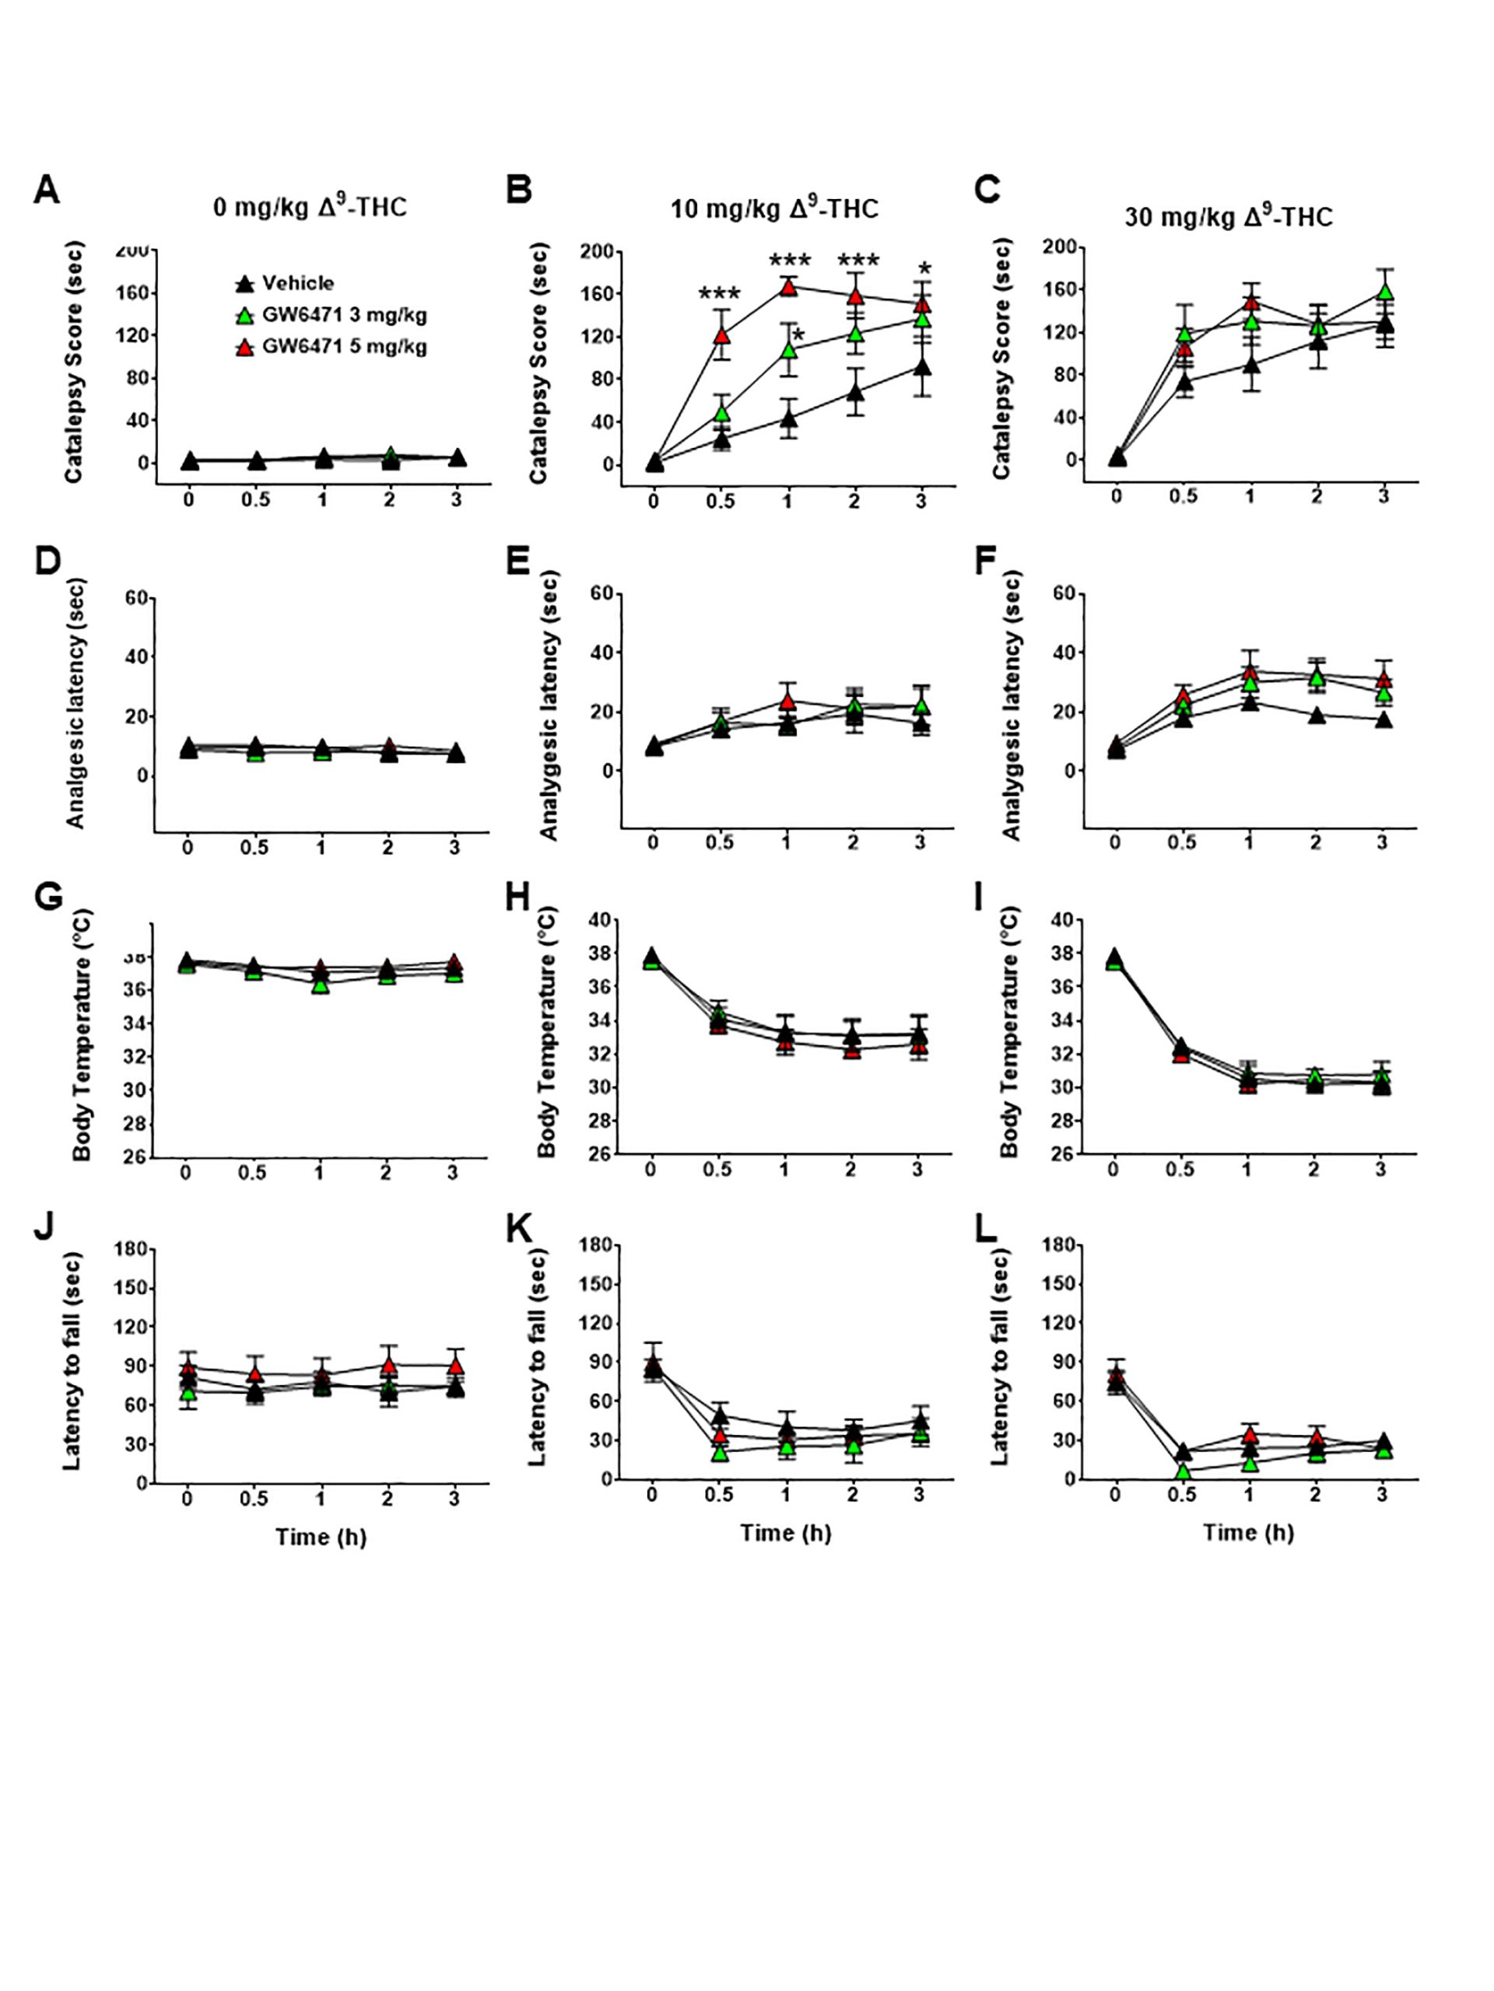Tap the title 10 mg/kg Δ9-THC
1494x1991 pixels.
[773, 208]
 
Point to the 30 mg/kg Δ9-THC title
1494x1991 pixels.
[1229, 216]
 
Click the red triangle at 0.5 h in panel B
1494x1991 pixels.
[721, 336]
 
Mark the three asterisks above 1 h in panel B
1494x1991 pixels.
[789, 262]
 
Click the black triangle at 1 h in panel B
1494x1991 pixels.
[788, 419]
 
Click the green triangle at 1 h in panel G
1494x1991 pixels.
[320, 985]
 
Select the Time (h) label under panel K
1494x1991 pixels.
[785, 1532]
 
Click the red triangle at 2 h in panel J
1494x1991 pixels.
[388, 1366]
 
